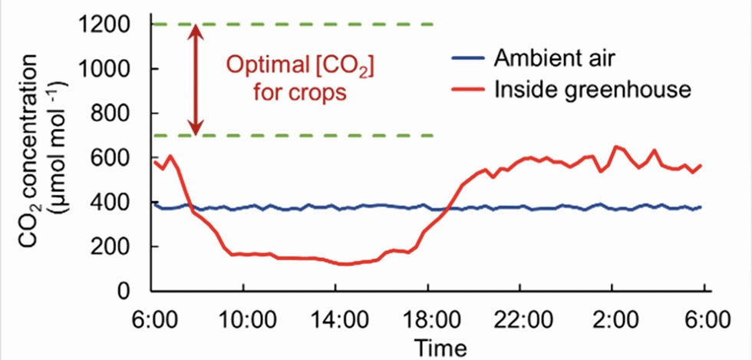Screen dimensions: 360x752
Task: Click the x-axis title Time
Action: pos(440,347)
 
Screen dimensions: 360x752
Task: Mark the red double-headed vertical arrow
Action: pos(196,80)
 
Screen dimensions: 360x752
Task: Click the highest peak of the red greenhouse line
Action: pos(615,147)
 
